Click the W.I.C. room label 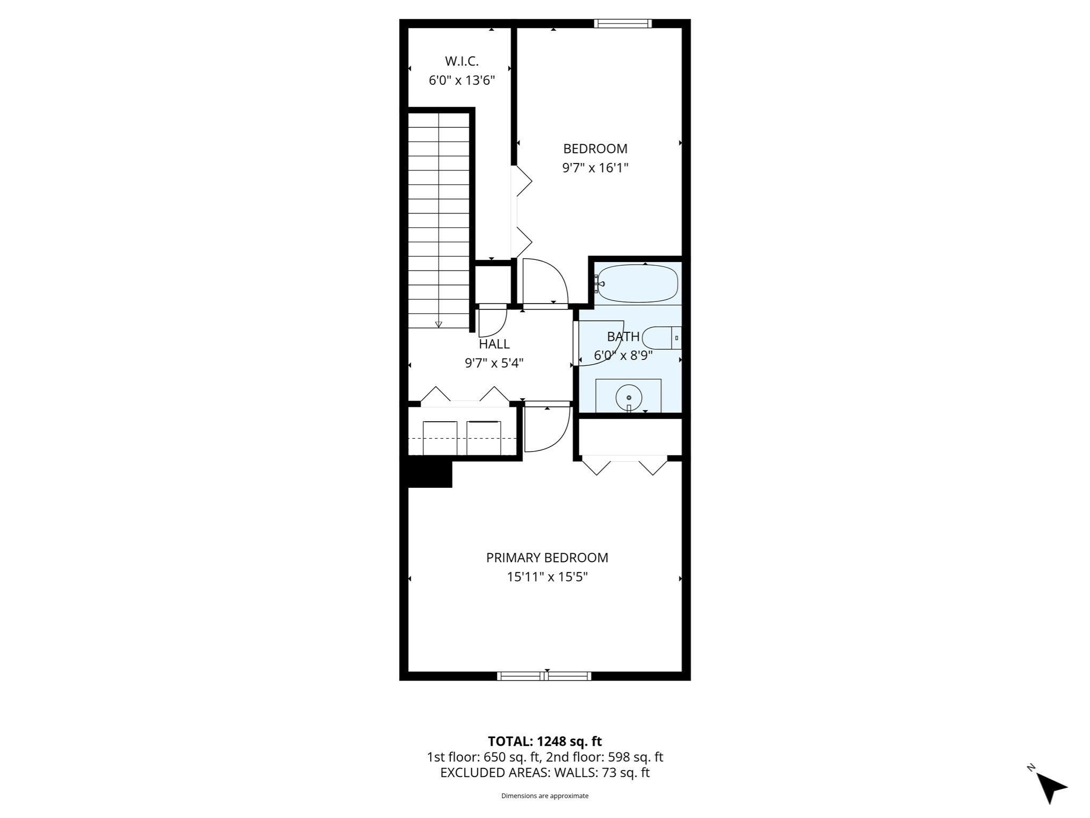pos(461,61)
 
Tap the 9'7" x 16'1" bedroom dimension pos(595,168)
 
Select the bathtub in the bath pos(637,283)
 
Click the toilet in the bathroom pos(660,338)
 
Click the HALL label pos(494,344)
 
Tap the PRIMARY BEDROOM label pos(547,558)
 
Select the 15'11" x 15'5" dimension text pos(547,577)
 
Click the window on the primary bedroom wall pos(544,676)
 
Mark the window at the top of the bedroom pos(622,23)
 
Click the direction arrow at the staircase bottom pos(439,324)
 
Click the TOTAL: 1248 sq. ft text pos(544,741)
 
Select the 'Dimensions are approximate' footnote pos(544,796)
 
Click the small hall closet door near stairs pos(492,320)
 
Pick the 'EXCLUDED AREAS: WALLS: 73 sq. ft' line pos(544,773)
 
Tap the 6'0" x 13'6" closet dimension pos(461,81)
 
